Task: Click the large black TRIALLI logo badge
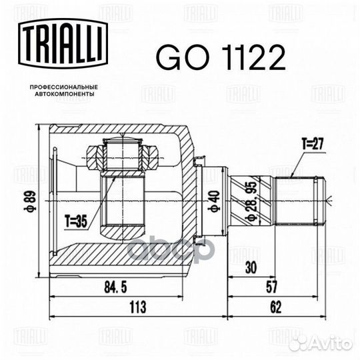coord(63,43)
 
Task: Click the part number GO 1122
coord(221,57)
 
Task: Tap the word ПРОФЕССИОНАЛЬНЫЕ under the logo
coord(64,87)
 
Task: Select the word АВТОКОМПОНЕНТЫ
coord(64,94)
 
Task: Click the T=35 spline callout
coord(76,221)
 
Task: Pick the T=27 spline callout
coord(313,144)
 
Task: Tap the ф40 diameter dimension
coord(214,201)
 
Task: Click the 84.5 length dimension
coord(115,287)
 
